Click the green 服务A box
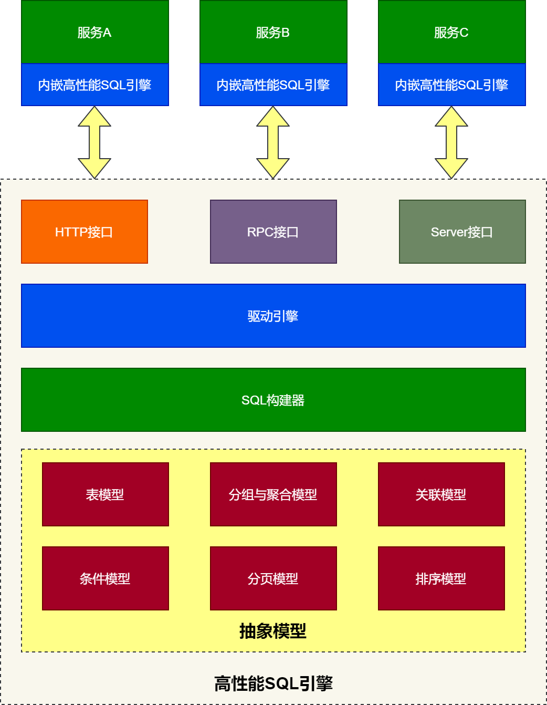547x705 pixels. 94,32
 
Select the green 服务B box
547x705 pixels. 273,32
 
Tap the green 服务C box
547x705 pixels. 451,32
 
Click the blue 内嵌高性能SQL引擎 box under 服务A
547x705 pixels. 94,85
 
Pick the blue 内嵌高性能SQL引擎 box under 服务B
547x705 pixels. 273,85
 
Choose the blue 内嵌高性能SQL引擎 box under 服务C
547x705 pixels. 451,85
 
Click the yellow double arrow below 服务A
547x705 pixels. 94,142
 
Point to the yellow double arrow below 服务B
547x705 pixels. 273,142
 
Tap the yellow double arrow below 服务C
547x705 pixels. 451,142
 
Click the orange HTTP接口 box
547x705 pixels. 84,232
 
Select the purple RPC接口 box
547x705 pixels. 273,232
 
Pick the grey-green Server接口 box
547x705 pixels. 462,232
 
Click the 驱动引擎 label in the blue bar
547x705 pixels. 273,316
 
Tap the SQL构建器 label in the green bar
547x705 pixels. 273,400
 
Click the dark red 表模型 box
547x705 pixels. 105,494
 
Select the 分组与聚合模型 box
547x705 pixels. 273,494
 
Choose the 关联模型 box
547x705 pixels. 441,494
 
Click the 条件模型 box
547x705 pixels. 105,578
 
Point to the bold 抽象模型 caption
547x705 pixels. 273,631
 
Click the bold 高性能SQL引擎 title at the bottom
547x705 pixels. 273,683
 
